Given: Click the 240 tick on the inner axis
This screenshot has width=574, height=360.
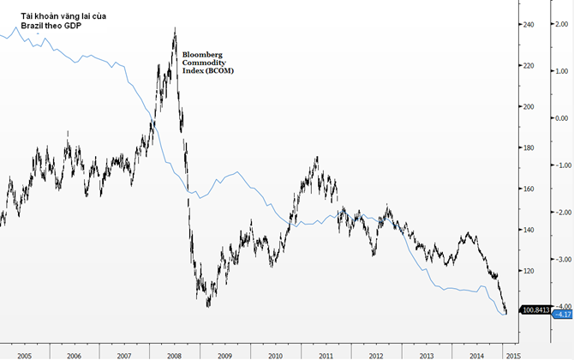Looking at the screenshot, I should click(531, 25).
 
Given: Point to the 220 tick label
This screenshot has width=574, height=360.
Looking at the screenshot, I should click(531, 66).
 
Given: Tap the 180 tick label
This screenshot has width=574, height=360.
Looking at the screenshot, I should click(531, 148).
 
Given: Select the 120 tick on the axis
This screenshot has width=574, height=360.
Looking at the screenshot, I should click(531, 271).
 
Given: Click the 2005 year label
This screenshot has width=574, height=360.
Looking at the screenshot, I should click(24, 353).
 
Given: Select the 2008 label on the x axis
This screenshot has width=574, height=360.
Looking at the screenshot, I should click(174, 353).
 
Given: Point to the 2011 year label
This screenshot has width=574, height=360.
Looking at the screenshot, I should click(326, 353).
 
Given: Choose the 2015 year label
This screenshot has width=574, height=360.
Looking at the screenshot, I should click(512, 353).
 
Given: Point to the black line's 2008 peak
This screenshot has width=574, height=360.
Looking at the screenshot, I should click(175, 28).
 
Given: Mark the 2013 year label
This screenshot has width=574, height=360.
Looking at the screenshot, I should click(426, 353).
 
